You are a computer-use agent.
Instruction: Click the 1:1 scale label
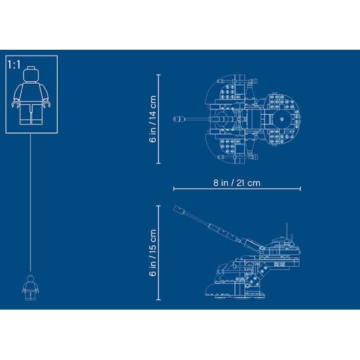(14, 65)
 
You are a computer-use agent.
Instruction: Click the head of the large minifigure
(31, 75)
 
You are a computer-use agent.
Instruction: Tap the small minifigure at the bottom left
(30, 287)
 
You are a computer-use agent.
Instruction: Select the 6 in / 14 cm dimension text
(153, 119)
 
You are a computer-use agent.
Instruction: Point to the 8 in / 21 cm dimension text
(237, 183)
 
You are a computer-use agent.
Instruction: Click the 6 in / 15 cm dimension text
(153, 253)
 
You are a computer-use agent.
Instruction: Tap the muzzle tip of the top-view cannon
(175, 119)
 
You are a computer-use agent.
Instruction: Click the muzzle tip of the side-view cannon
(176, 208)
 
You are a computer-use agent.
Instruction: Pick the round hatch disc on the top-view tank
(281, 119)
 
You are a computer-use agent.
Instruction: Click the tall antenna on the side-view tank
(287, 231)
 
